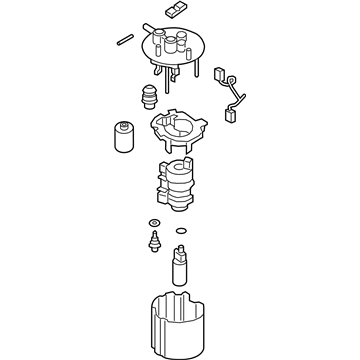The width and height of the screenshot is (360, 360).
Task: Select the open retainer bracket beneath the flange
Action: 176,128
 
